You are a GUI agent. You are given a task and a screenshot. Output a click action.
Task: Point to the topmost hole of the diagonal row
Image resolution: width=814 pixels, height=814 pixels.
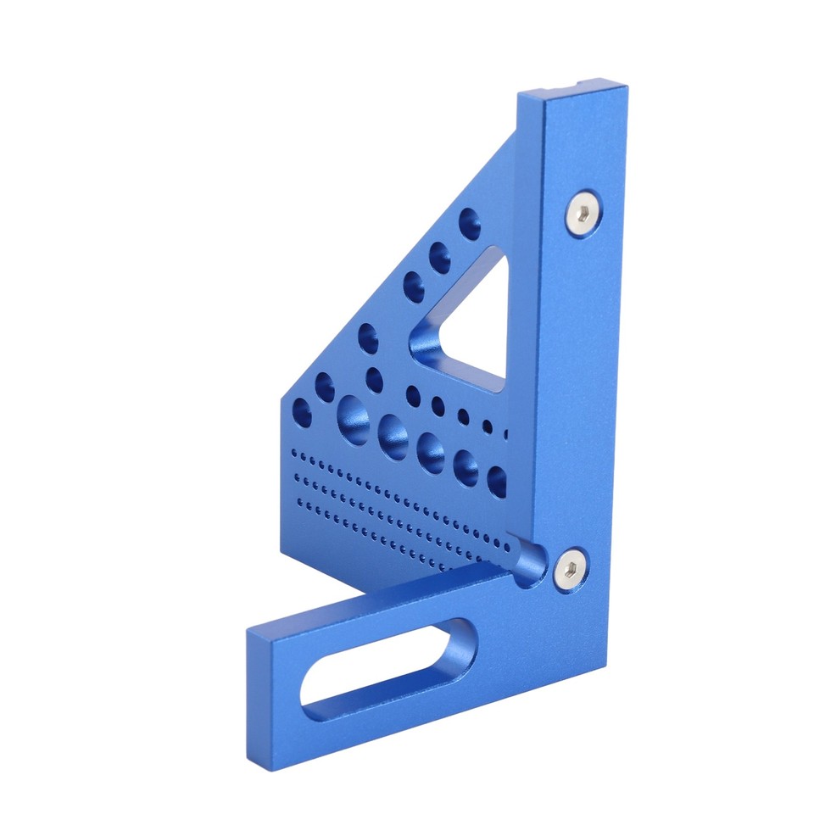[x=470, y=224]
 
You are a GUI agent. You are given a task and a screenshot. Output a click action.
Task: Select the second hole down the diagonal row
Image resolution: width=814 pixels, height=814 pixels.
[x=440, y=256]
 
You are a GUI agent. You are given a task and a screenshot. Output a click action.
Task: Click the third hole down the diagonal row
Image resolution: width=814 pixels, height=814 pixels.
[x=414, y=287]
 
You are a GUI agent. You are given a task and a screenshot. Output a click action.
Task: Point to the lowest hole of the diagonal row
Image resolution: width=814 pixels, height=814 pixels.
[x=301, y=415]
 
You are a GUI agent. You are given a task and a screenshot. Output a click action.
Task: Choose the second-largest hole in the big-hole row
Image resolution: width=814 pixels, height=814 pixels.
[x=393, y=435]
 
